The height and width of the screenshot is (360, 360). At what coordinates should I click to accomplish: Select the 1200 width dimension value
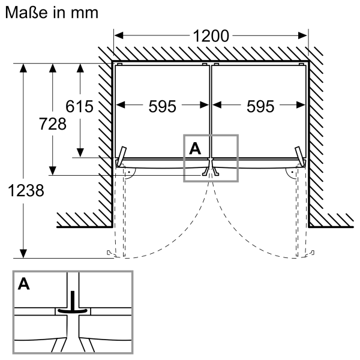pyautogui.click(x=211, y=36)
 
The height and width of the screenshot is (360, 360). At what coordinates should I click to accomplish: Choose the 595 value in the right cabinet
pyautogui.click(x=260, y=106)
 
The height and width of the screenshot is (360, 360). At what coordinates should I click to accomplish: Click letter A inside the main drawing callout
pyautogui.click(x=194, y=148)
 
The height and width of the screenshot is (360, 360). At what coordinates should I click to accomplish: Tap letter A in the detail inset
pyautogui.click(x=24, y=284)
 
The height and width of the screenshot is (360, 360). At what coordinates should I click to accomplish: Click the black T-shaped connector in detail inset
pyautogui.click(x=73, y=305)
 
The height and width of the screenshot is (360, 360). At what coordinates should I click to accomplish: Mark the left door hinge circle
pyautogui.click(x=128, y=171)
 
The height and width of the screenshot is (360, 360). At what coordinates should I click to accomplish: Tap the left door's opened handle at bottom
pyautogui.click(x=110, y=253)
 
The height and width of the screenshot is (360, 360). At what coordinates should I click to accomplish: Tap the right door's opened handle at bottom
pyautogui.click(x=310, y=253)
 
